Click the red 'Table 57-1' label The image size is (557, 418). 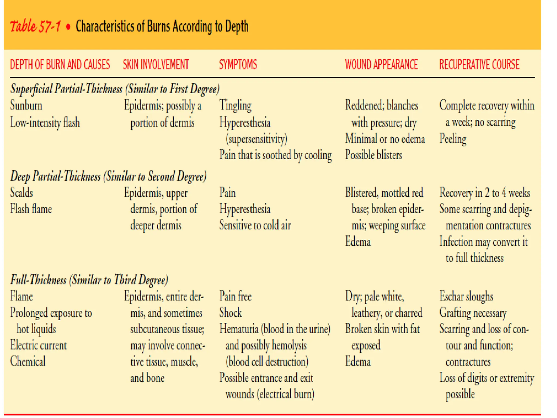(35, 26)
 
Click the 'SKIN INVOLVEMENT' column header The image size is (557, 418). (156, 65)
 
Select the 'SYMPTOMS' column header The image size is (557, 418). (238, 65)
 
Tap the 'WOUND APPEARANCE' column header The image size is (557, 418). (381, 65)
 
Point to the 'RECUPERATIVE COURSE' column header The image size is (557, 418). (479, 65)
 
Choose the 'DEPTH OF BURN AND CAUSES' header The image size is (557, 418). (60, 65)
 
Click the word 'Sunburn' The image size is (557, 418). (26, 106)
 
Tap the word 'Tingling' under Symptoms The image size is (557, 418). (235, 106)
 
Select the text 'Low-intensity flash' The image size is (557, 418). (45, 122)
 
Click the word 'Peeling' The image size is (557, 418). (453, 139)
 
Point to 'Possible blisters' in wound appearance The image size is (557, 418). (373, 155)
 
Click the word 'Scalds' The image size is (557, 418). (21, 193)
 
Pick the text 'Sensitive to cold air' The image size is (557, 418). (255, 225)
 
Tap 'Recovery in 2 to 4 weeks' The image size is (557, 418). (484, 193)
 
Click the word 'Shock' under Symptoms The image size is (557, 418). (230, 313)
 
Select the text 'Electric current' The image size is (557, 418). (38, 345)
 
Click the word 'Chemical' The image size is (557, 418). (28, 361)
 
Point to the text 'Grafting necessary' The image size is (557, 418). (473, 313)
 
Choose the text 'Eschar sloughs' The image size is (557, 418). (466, 296)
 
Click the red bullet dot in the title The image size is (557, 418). (68, 27)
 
